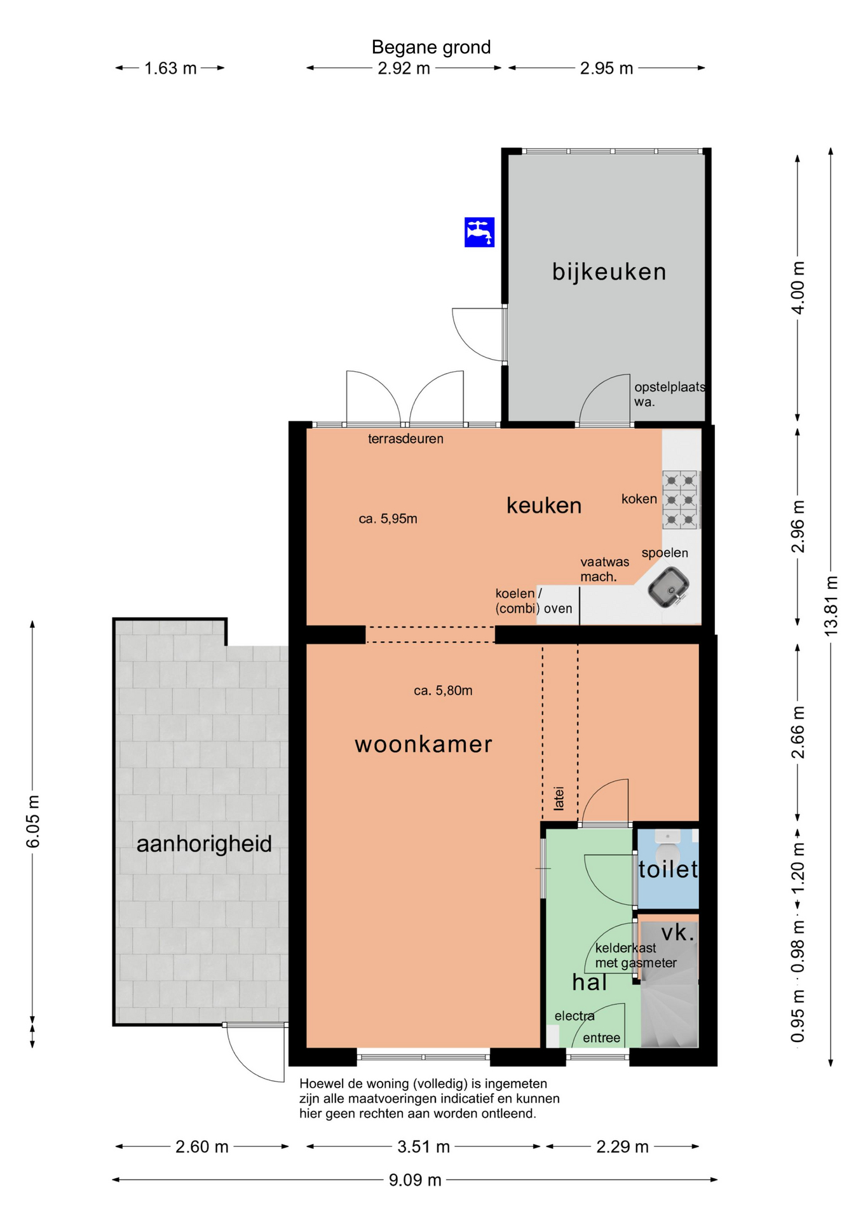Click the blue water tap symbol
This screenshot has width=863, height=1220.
tap(479, 232)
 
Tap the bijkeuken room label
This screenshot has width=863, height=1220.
tap(609, 271)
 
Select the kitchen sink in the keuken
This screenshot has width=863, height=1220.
tap(669, 587)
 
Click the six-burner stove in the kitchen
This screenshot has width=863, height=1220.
tap(681, 499)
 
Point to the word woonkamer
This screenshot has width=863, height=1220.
tap(423, 744)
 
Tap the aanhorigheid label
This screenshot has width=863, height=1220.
tap(204, 844)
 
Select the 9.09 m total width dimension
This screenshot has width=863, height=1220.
tap(415, 1180)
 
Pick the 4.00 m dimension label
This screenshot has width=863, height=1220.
tap(798, 287)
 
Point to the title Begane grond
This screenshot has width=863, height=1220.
tap(431, 47)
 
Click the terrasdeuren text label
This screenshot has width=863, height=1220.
tap(405, 438)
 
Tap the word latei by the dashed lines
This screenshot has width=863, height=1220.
tap(559, 798)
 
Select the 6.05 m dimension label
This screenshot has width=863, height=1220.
tap(33, 821)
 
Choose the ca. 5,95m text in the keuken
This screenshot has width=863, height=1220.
tap(388, 518)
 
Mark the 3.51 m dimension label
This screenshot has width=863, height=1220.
tap(423, 1146)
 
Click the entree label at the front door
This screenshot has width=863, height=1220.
tap(601, 1038)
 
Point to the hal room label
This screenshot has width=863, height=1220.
tap(589, 982)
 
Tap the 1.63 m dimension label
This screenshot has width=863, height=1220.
tap(170, 68)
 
